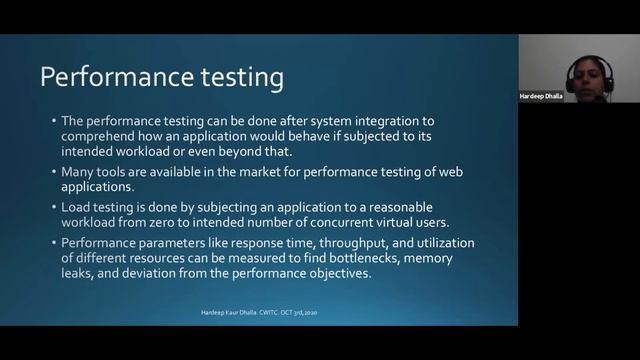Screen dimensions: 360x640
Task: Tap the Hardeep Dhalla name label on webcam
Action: (545, 95)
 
